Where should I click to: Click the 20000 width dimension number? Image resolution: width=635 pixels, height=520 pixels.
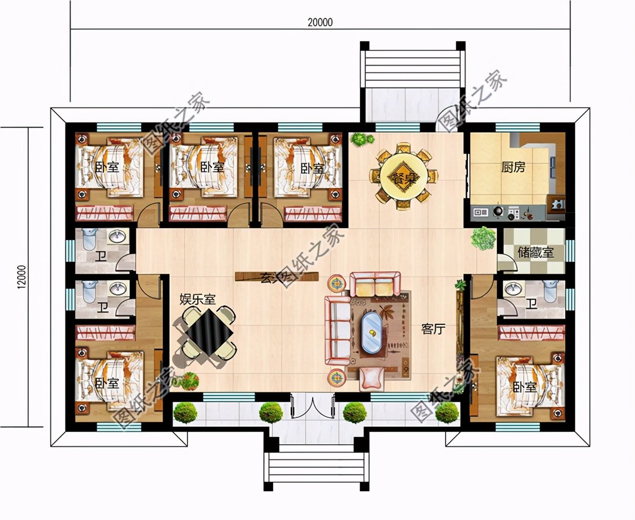(320, 22)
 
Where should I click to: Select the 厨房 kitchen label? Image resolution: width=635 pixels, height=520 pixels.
(513, 167)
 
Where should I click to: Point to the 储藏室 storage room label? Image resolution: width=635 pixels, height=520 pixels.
(535, 253)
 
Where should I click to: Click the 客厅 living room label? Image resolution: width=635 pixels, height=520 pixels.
(433, 329)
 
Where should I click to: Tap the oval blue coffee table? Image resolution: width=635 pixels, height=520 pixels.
(373, 332)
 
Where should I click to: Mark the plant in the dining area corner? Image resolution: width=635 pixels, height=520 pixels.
(360, 139)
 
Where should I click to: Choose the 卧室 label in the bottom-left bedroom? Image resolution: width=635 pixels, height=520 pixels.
(106, 383)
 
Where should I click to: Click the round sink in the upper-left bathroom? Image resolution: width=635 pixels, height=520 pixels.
(117, 238)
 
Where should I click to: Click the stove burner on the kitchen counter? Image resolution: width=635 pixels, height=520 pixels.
(498, 212)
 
